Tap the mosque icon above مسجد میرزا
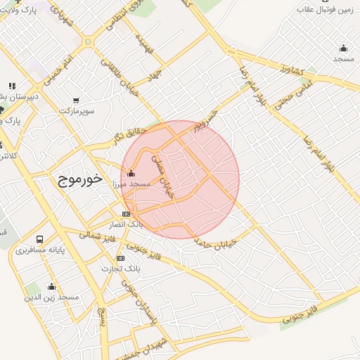[131, 173]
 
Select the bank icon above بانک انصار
[126, 214]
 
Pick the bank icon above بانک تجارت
[121, 258]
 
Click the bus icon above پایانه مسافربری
[39, 240]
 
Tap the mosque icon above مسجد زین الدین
[51, 286]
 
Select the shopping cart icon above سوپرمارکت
[75, 101]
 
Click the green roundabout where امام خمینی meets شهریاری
[88, 41]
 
